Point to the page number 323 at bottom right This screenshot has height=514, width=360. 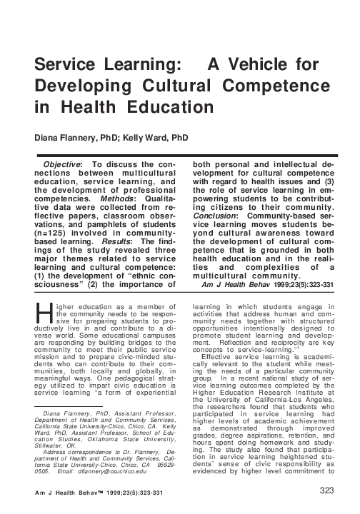326,490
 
